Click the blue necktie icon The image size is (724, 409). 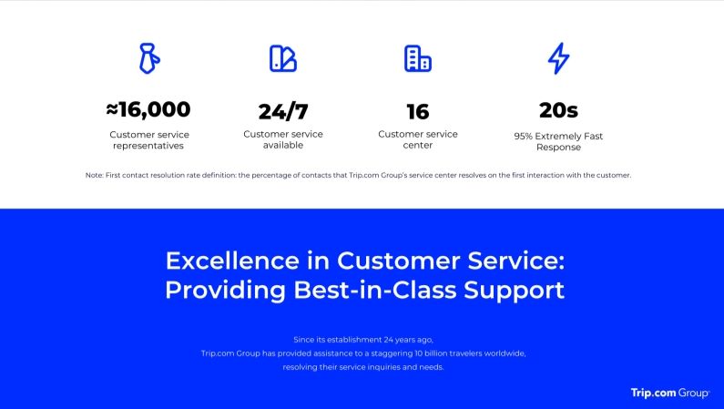[x=149, y=58]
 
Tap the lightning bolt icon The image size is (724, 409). [x=558, y=58]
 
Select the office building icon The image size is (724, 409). [x=418, y=58]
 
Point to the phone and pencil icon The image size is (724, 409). [x=283, y=58]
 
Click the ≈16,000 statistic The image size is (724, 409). [x=148, y=109]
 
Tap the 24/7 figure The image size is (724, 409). [x=283, y=112]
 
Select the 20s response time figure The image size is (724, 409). [x=558, y=110]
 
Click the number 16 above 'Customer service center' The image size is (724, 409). [x=418, y=112]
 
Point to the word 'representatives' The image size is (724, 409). [x=148, y=146]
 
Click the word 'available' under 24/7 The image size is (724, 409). [x=283, y=145]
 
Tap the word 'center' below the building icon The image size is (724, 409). [x=418, y=145]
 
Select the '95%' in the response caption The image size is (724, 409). [x=523, y=136]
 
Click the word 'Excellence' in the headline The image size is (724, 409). [x=232, y=261]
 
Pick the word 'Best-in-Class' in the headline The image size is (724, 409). [x=375, y=291]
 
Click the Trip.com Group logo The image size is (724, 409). [x=670, y=393]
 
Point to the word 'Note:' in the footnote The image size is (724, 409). [x=94, y=176]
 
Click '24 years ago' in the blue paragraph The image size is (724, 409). [x=408, y=340]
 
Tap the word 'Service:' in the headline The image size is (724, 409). [x=516, y=261]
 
